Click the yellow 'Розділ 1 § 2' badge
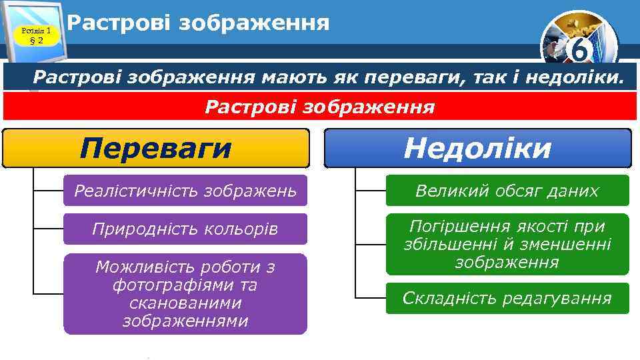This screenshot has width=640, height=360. [x=37, y=35]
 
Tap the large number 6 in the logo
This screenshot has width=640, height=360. [x=579, y=50]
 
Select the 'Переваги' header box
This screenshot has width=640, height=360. [x=156, y=148]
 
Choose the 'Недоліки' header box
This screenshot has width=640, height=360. [x=477, y=148]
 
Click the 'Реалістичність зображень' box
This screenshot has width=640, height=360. [x=185, y=191]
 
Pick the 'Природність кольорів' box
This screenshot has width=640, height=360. [x=185, y=229]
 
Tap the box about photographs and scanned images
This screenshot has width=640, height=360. [x=185, y=294]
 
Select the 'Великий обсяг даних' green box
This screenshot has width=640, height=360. [x=507, y=191]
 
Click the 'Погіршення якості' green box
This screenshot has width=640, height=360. [x=507, y=244]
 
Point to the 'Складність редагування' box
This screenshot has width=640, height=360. [x=507, y=298]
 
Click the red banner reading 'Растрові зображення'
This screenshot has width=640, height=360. [x=320, y=107]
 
